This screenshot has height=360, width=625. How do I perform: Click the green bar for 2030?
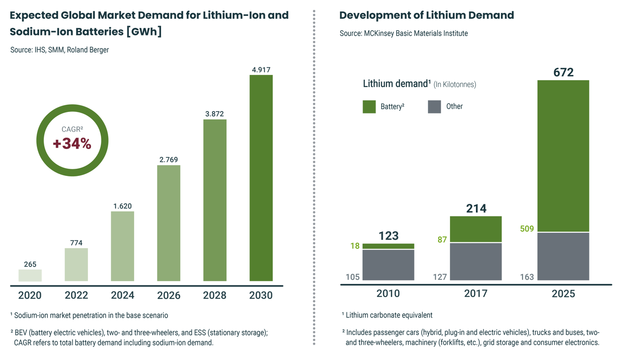pyautogui.click(x=261, y=178)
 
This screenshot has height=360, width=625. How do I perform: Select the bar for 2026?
pyautogui.click(x=169, y=223)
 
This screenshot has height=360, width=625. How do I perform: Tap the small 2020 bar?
pyautogui.click(x=30, y=275)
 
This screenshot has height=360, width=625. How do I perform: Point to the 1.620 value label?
pyautogui.click(x=122, y=206)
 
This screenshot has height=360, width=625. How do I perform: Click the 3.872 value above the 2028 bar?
pyautogui.click(x=214, y=114)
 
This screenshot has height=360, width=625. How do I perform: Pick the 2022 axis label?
pyautogui.click(x=75, y=295)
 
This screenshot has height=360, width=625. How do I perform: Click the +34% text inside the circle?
pyautogui.click(x=72, y=143)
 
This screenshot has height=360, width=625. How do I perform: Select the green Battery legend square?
pyautogui.click(x=369, y=107)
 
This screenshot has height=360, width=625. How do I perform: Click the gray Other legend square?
pyautogui.click(x=434, y=107)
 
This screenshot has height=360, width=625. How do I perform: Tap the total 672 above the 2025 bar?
pyautogui.click(x=563, y=73)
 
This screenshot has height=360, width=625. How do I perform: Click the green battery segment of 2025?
pyautogui.click(x=563, y=156)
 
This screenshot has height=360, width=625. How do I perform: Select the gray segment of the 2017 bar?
pyautogui.click(x=475, y=261)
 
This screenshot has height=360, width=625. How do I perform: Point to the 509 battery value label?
pyautogui.click(x=526, y=229)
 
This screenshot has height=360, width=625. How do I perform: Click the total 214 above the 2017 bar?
pyautogui.click(x=475, y=209)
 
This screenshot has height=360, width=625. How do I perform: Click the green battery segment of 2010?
pyautogui.click(x=388, y=246)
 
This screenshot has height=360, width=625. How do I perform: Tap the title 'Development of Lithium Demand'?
pyautogui.click(x=426, y=15)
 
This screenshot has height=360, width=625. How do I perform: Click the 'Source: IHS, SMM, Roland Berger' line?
pyautogui.click(x=60, y=50)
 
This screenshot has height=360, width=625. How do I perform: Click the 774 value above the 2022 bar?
pyautogui.click(x=76, y=243)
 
